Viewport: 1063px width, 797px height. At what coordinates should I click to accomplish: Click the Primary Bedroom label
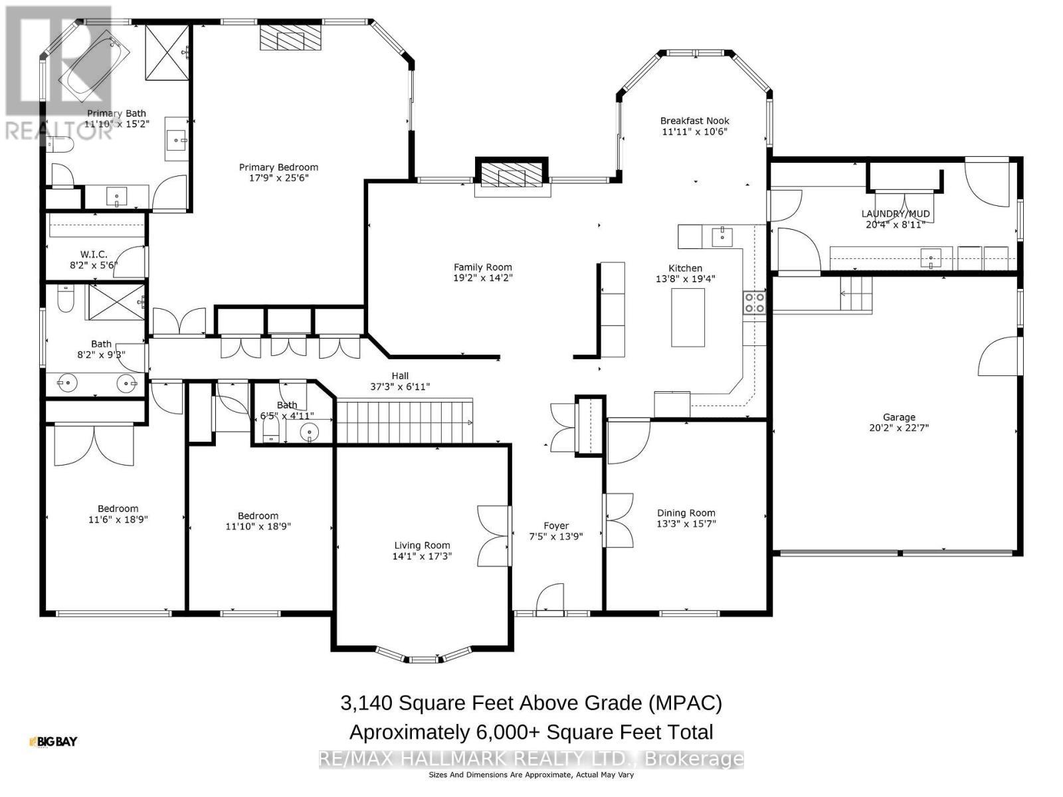278,167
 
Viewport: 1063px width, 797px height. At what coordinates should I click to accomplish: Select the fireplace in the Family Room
512,177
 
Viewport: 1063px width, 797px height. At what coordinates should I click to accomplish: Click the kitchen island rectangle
688,318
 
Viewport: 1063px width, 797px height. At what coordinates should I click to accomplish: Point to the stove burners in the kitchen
754,302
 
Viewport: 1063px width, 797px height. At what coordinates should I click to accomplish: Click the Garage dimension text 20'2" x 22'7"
898,428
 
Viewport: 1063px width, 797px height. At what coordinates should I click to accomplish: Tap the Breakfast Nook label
694,121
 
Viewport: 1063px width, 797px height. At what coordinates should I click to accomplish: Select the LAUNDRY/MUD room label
895,214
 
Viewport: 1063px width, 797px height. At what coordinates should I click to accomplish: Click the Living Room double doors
493,536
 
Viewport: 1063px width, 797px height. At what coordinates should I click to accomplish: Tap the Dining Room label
686,513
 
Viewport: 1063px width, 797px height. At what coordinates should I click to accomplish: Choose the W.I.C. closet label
94,254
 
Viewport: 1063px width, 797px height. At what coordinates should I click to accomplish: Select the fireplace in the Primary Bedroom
290,37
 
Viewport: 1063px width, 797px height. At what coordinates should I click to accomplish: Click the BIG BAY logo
53,741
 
